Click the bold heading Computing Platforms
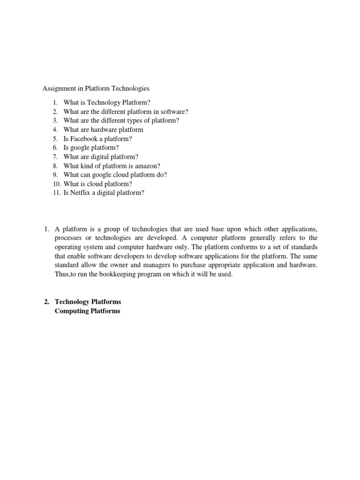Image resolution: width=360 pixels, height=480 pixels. click(x=88, y=311)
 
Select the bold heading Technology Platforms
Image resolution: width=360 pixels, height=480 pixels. click(x=88, y=302)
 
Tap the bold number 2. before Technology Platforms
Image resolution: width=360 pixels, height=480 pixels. click(x=46, y=302)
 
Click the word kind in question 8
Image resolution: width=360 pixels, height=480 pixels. click(x=88, y=165)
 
